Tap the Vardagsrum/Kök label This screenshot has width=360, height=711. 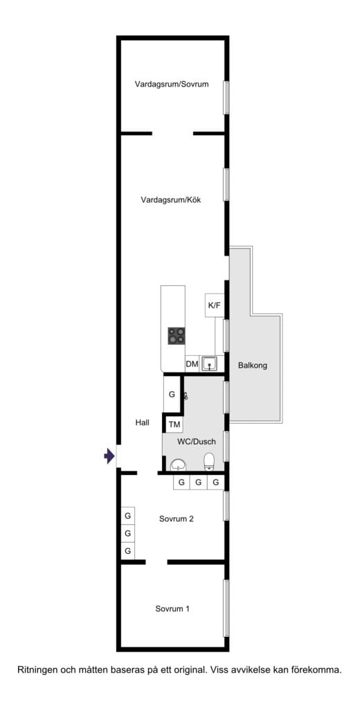pyautogui.click(x=171, y=201)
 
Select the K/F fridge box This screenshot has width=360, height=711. pyautogui.click(x=215, y=305)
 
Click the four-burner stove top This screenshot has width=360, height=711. pyautogui.click(x=177, y=336)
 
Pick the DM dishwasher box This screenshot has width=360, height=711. pyautogui.click(x=192, y=364)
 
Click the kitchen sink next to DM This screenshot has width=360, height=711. pyautogui.click(x=210, y=363)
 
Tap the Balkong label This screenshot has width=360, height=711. pyautogui.click(x=252, y=365)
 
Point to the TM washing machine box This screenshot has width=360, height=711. pyautogui.click(x=174, y=424)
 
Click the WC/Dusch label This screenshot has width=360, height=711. pyautogui.click(x=197, y=441)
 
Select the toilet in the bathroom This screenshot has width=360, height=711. pyautogui.click(x=210, y=461)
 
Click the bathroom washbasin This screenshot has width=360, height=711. pyautogui.click(x=179, y=464)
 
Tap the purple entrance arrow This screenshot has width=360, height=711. pyautogui.click(x=109, y=456)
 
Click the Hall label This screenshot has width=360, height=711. pyautogui.click(x=143, y=422)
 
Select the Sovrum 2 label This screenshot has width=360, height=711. pyautogui.click(x=176, y=519)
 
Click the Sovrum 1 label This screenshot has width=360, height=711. pyautogui.click(x=172, y=609)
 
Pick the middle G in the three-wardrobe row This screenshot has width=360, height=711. pyautogui.click(x=199, y=483)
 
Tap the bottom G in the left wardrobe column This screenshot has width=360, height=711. pyautogui.click(x=127, y=551)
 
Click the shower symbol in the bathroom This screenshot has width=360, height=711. pyautogui.click(x=185, y=397)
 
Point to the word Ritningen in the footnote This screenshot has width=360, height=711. pyautogui.click(x=38, y=669)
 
